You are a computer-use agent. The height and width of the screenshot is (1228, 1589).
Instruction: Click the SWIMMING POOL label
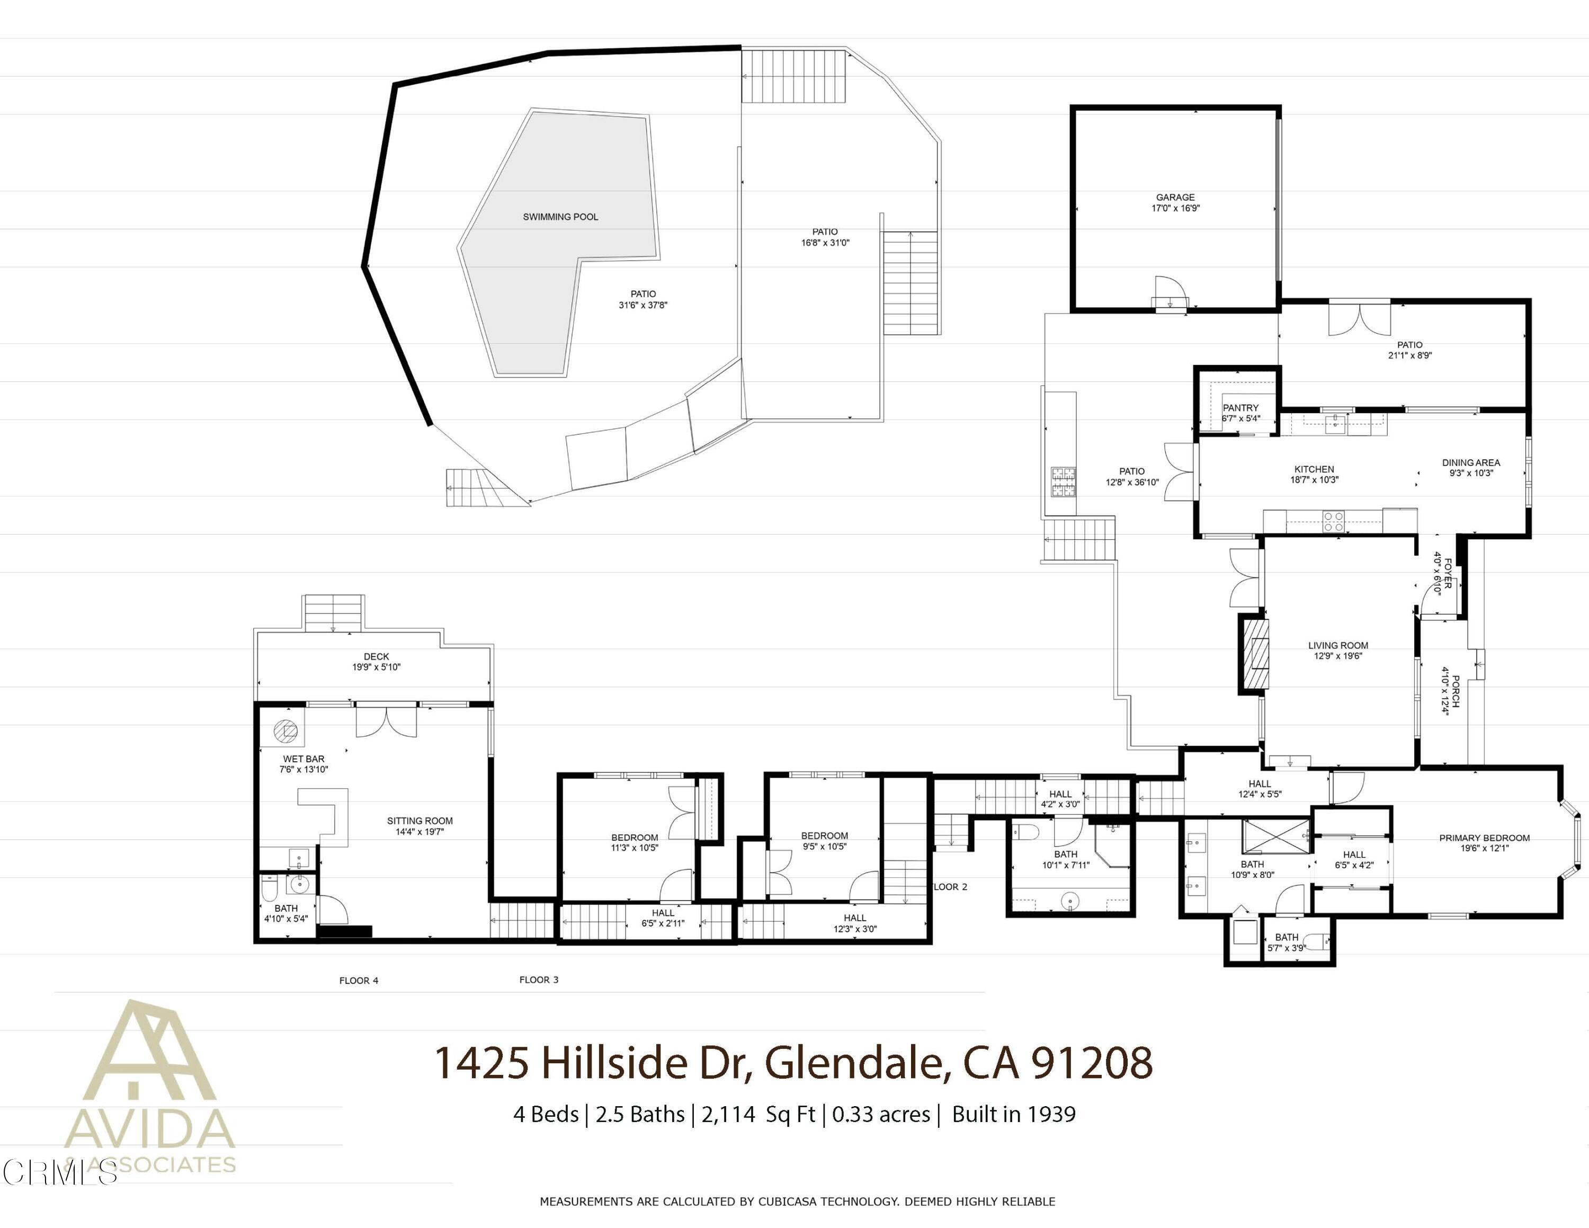(x=560, y=217)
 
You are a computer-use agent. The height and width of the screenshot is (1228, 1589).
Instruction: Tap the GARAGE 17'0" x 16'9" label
(x=1175, y=202)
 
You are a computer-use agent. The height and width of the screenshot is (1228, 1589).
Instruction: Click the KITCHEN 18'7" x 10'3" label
(x=1314, y=474)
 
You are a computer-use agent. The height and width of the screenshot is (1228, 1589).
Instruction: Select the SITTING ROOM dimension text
(x=420, y=832)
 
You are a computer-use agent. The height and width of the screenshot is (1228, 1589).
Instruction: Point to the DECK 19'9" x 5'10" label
(x=376, y=661)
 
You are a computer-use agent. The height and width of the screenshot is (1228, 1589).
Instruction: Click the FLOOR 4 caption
(x=359, y=981)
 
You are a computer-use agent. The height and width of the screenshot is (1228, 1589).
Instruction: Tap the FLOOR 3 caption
(x=538, y=980)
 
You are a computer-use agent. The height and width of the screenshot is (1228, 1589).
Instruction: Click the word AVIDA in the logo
(x=149, y=1129)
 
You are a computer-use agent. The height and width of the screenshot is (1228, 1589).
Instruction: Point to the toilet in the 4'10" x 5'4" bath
(x=269, y=889)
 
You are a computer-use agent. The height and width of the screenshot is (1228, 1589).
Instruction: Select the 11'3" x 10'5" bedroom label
(x=635, y=842)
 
